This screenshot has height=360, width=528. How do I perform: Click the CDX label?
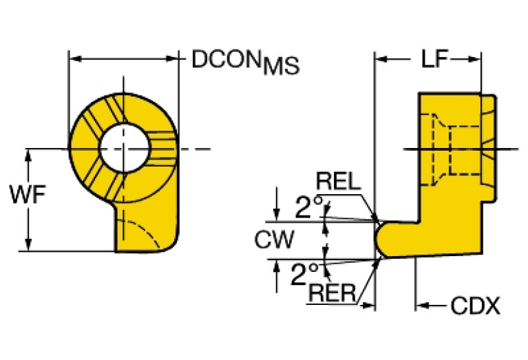[x=475, y=306]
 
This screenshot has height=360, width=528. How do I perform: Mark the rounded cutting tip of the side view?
[x=381, y=240]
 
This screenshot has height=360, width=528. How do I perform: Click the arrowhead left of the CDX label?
[x=423, y=304]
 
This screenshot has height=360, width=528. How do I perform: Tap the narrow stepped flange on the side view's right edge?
[x=487, y=149]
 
